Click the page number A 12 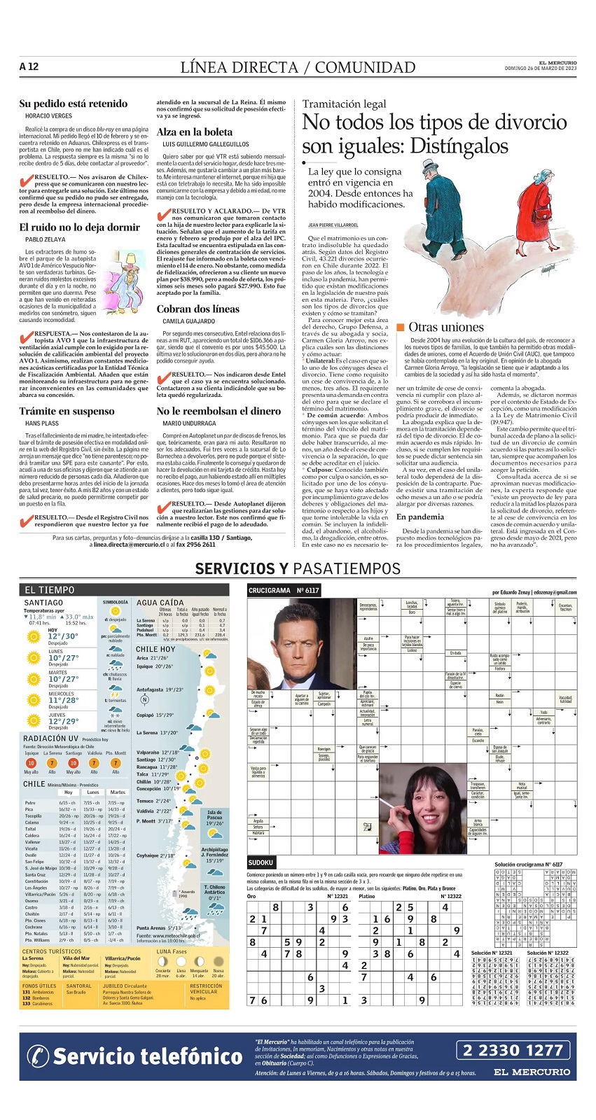click(x=29, y=67)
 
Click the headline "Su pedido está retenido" click(x=74, y=104)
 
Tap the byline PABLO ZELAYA click(x=45, y=239)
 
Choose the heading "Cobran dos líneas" click(x=197, y=309)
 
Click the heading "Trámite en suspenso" click(x=67, y=411)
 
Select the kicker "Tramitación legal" click(x=344, y=104)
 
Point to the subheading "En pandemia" click(x=420, y=517)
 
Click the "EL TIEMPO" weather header click(x=49, y=590)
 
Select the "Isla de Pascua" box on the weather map click(x=214, y=819)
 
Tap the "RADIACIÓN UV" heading click(x=50, y=738)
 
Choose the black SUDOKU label click(x=261, y=862)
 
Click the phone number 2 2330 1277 click(x=513, y=1050)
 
